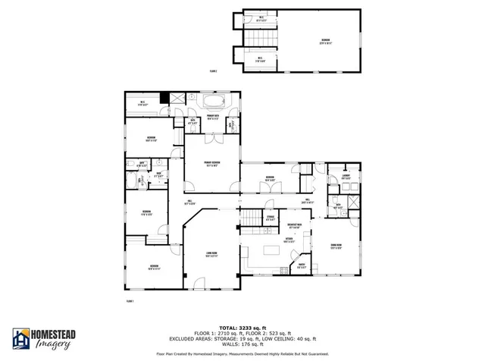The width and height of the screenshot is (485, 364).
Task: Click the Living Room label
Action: point(211,254)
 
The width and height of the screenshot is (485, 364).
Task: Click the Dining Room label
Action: point(336,247)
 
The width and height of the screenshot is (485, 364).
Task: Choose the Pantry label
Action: point(301,265)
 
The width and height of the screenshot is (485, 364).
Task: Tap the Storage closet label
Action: point(271,219)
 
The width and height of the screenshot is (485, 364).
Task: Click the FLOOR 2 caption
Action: point(215,71)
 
